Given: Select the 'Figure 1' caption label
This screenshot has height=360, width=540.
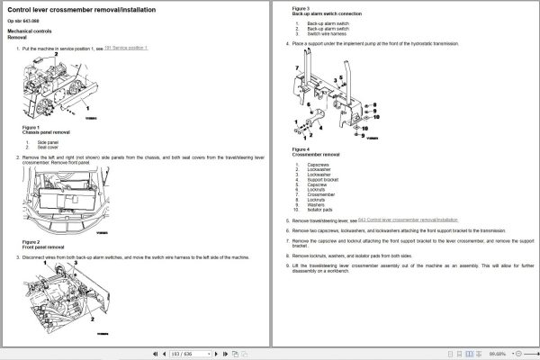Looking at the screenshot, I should (x=31, y=127).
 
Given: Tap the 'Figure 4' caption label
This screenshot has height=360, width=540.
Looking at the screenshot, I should (x=301, y=149).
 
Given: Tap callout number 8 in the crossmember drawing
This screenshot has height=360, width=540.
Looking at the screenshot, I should (x=370, y=108).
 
